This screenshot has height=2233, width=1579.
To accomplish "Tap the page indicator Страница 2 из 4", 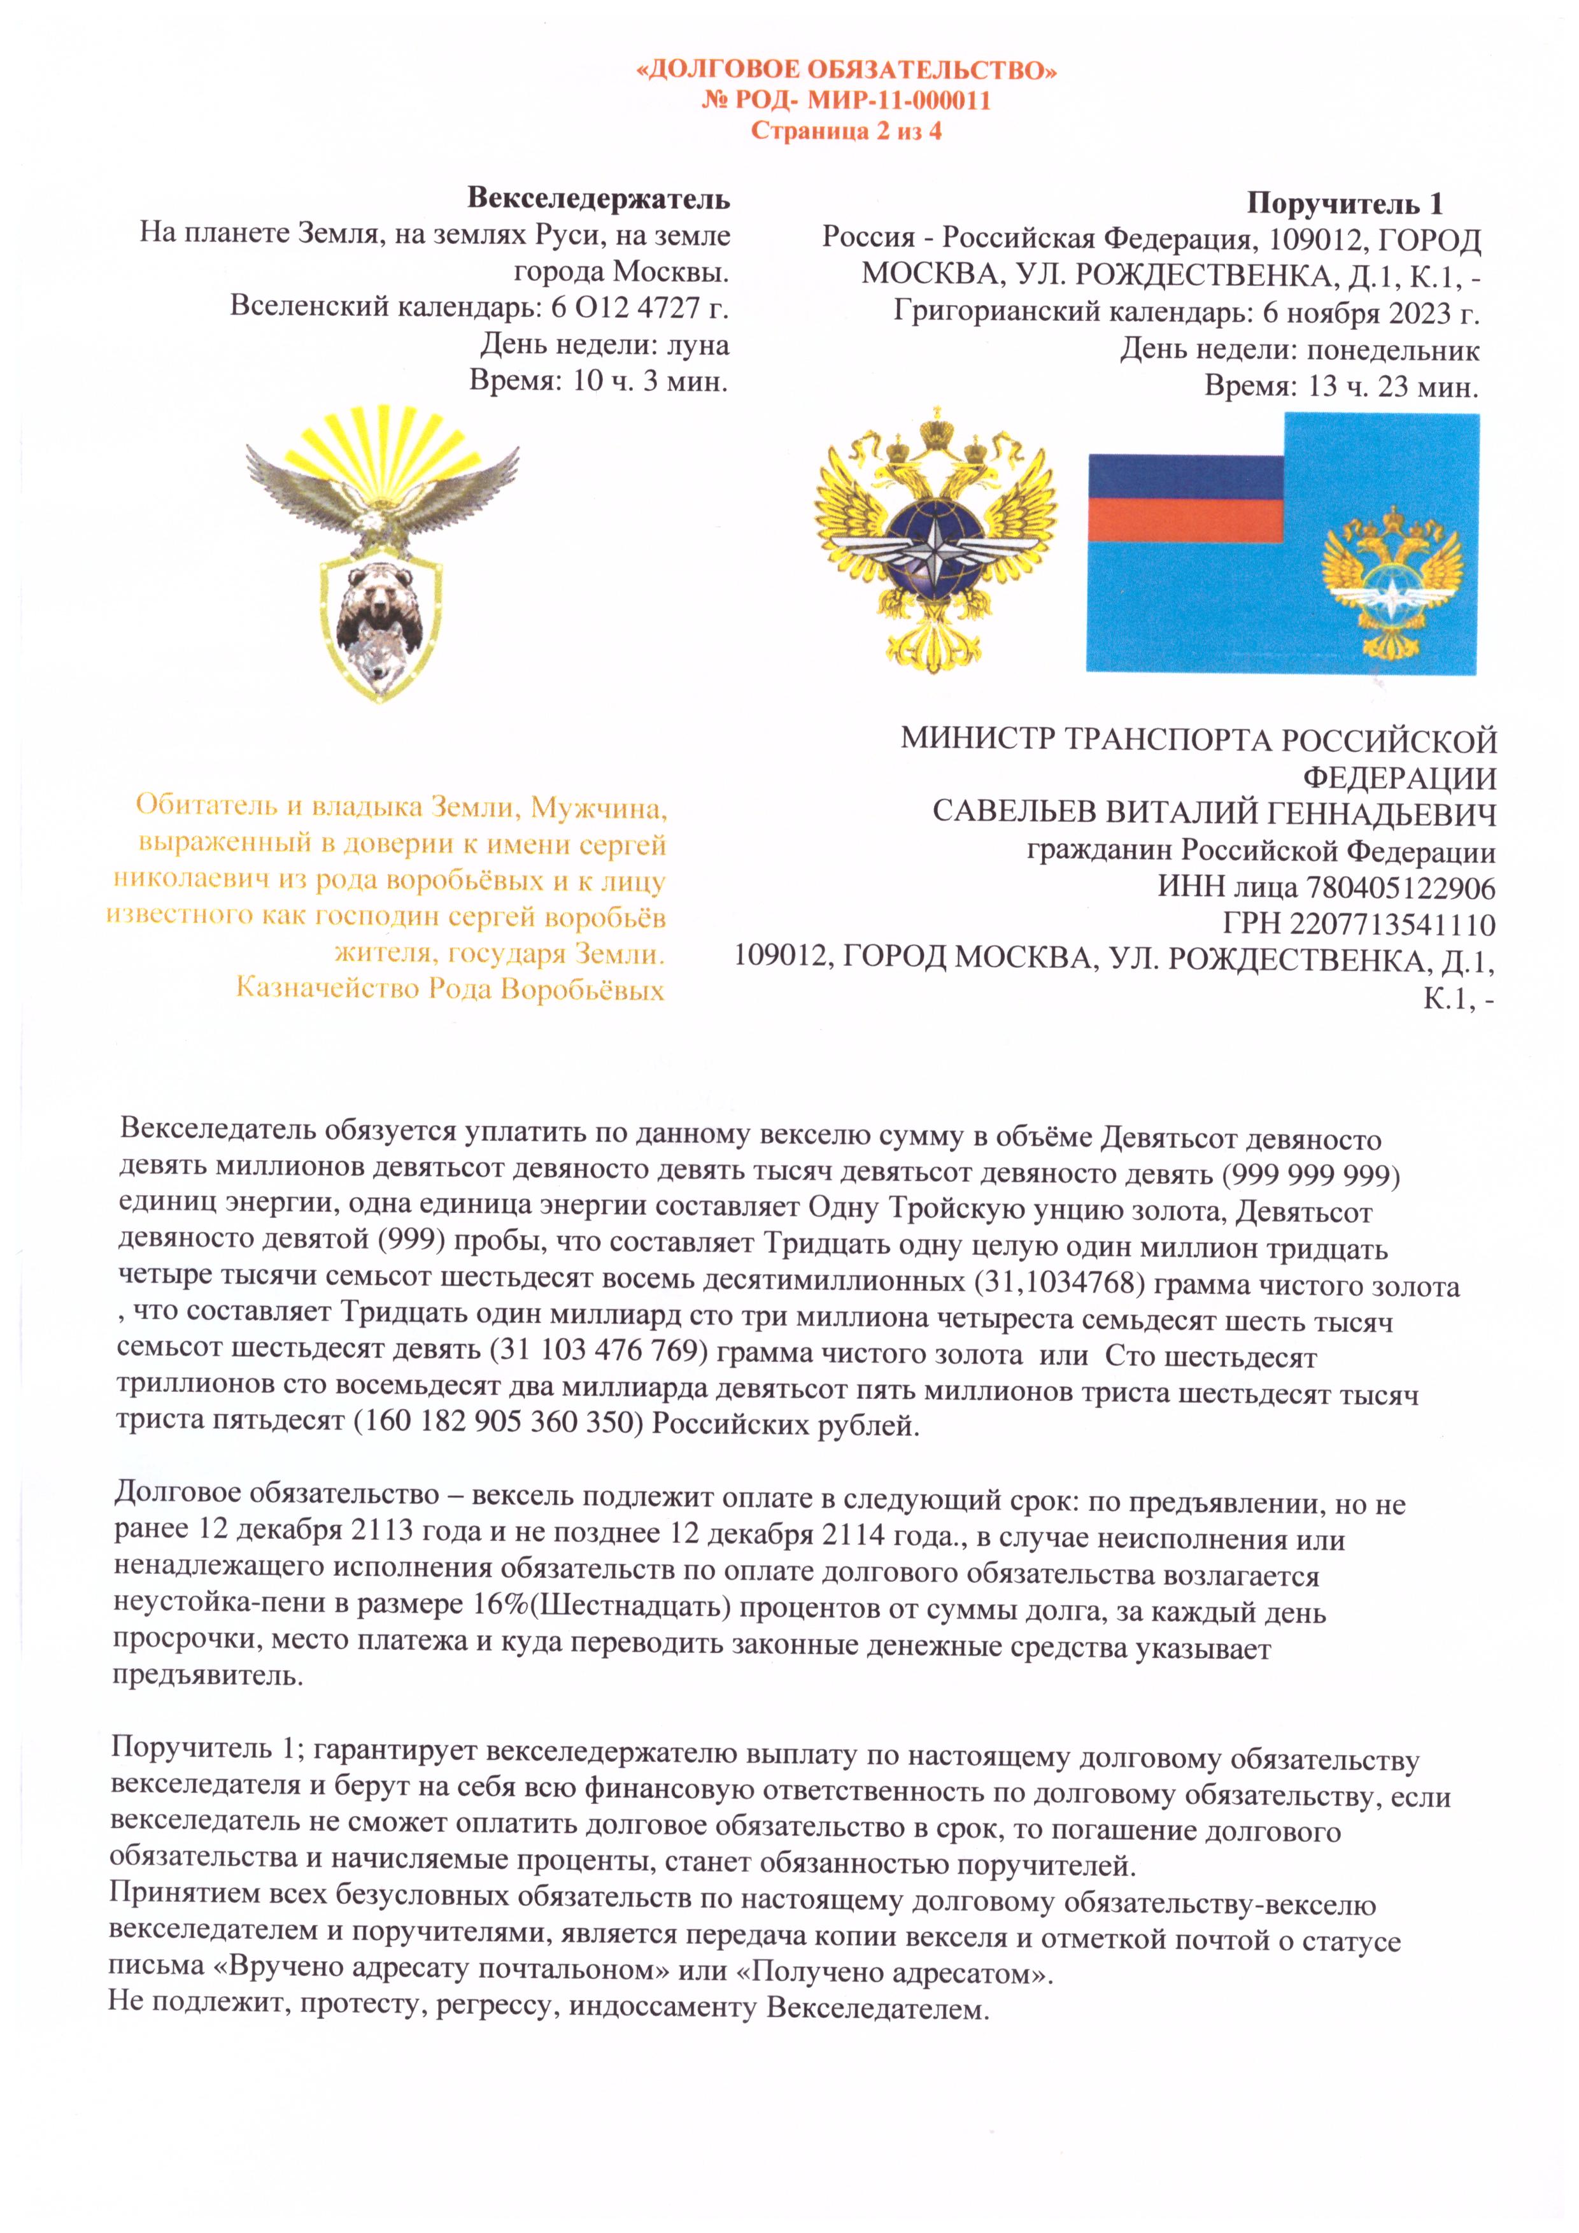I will pyautogui.click(x=846, y=131).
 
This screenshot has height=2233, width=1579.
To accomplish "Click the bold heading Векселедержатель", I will pyautogui.click(x=598, y=199).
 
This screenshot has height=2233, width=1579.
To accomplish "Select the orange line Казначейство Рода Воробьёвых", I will pyautogui.click(x=450, y=989).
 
